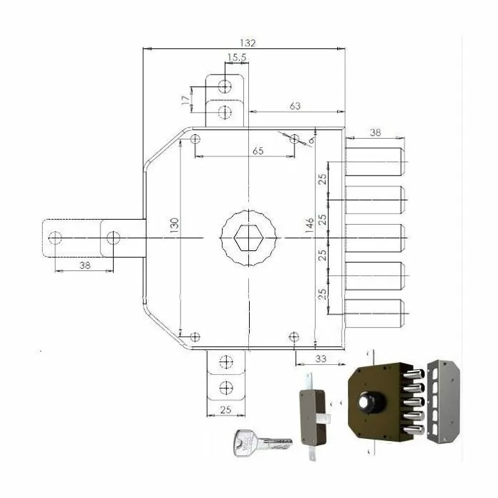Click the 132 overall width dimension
click(248, 43)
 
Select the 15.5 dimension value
click(237, 58)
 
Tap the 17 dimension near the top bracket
click(186, 100)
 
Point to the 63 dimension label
click(295, 106)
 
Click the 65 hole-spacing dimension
click(258, 151)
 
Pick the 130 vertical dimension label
click(174, 226)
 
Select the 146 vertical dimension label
click(309, 226)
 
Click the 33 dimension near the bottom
click(321, 359)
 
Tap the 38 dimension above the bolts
click(375, 132)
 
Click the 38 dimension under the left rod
click(85, 265)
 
